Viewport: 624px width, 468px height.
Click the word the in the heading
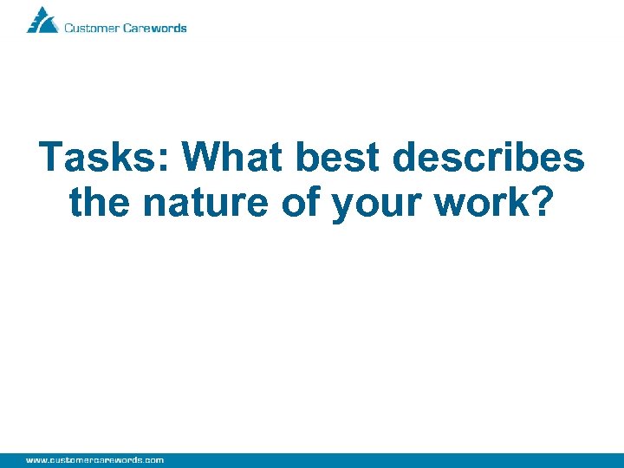101,203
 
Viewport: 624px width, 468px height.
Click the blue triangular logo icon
42,20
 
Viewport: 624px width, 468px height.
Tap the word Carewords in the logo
155,28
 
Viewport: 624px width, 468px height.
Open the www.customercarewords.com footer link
94,459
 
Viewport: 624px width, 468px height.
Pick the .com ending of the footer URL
153,459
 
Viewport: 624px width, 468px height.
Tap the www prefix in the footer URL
36,459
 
